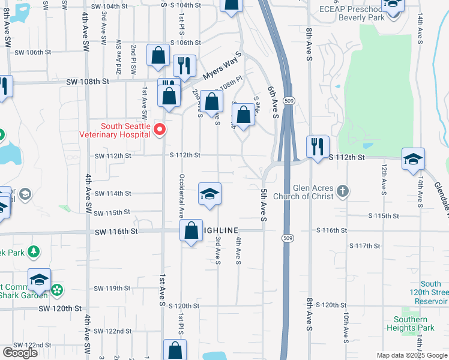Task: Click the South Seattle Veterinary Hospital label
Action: pos(116,130)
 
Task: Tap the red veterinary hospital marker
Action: pos(160,130)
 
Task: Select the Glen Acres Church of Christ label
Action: pos(303,192)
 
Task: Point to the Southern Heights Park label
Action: pos(415,324)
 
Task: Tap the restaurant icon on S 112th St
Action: pos(316,146)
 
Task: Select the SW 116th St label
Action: pos(116,231)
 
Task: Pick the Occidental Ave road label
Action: pos(180,195)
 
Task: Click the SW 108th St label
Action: pos(88,81)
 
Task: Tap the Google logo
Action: pos(20,352)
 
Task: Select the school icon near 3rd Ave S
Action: pos(209,194)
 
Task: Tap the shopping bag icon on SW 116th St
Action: pos(191,230)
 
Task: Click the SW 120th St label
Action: pos(60,308)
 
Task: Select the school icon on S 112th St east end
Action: pos(414,159)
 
